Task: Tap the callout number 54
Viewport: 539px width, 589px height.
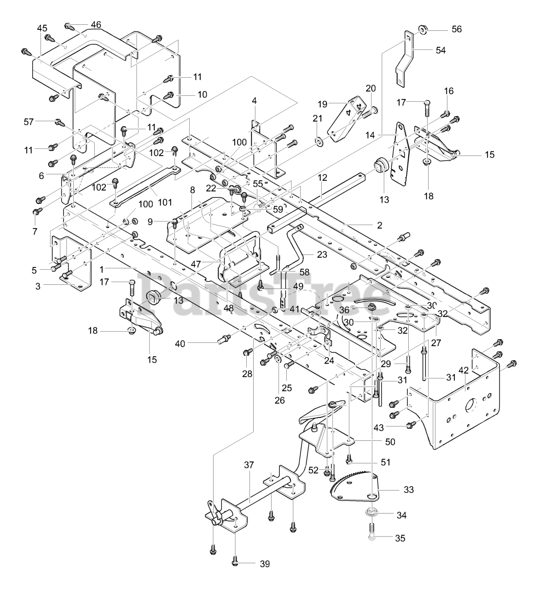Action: coord(440,51)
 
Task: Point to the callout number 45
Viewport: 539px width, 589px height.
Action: coord(42,28)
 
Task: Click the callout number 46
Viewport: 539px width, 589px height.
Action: coord(96,24)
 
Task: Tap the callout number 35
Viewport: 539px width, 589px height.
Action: coord(400,538)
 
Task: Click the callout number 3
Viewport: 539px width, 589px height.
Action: coord(38,286)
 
